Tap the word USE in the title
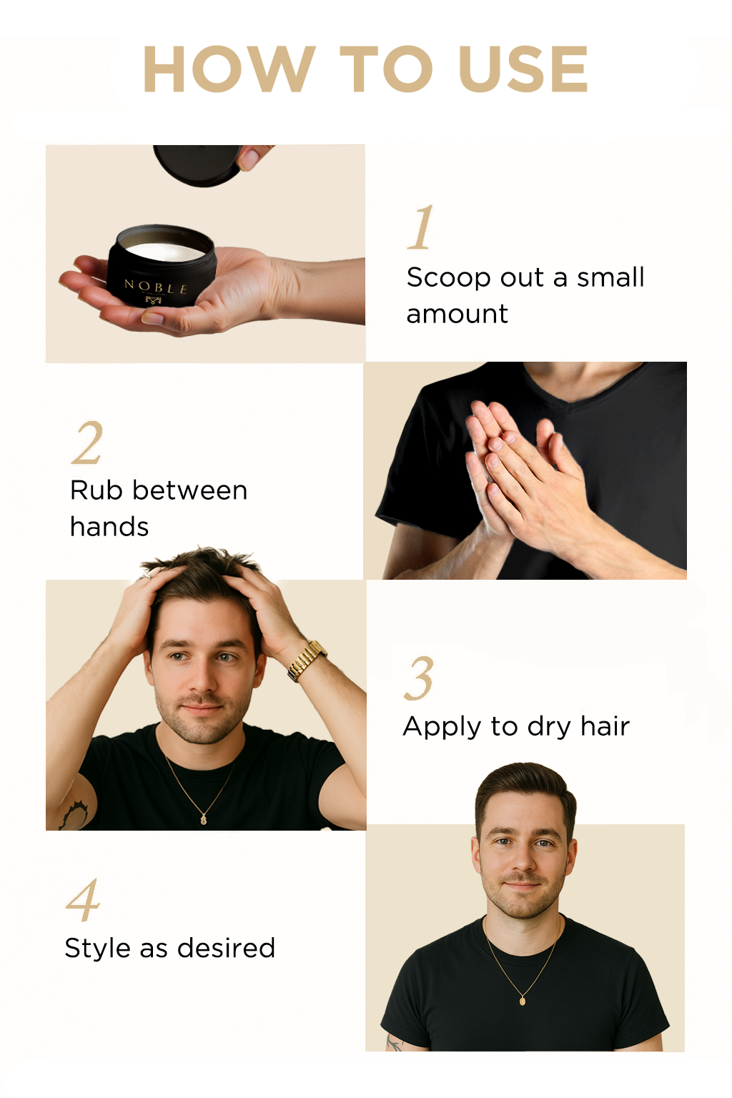(x=523, y=69)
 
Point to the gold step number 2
(x=87, y=442)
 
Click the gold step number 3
(x=419, y=678)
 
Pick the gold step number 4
(x=83, y=900)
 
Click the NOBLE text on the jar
(x=155, y=287)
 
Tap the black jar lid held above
(x=197, y=164)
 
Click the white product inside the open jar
(x=165, y=252)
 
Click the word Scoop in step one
(x=449, y=277)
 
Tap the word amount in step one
(x=457, y=315)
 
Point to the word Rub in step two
(x=96, y=490)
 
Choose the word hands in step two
(x=109, y=526)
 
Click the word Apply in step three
(x=442, y=728)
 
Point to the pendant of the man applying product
(x=204, y=818)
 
